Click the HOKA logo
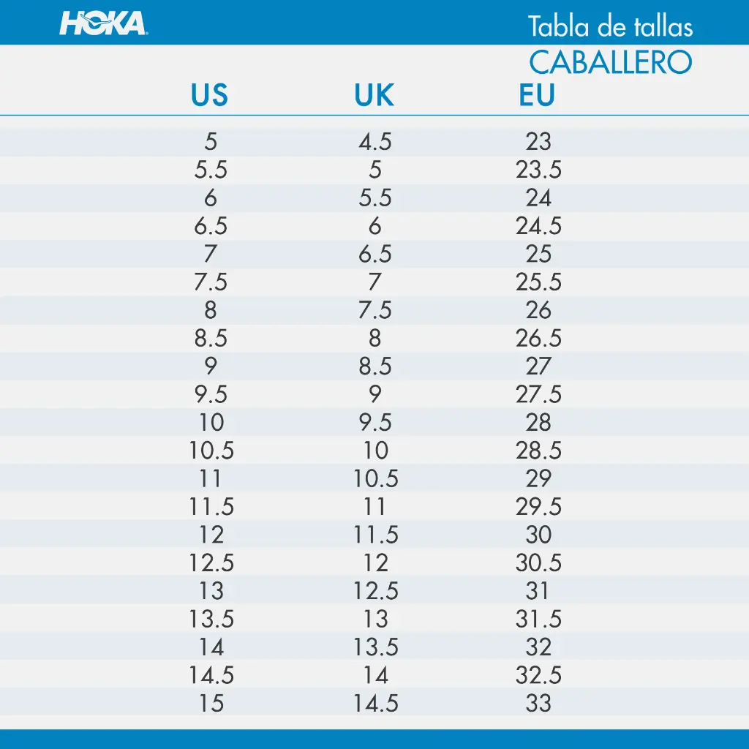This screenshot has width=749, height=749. [x=103, y=23]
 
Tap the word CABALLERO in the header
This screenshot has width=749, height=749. [x=611, y=63]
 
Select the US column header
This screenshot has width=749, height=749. [x=209, y=94]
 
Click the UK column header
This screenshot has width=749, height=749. [x=374, y=94]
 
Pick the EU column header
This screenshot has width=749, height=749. [x=537, y=94]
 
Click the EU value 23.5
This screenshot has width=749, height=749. [x=538, y=170]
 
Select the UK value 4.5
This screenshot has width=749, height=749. [x=375, y=141]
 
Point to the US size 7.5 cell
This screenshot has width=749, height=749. [x=211, y=282]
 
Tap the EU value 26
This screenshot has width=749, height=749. [x=538, y=310]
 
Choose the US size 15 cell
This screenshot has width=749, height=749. [x=211, y=703]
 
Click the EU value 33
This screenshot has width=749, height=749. [x=538, y=703]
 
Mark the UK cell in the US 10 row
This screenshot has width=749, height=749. [x=375, y=422]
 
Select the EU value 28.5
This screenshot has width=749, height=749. [x=538, y=451]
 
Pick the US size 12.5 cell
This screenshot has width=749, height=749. [x=211, y=562]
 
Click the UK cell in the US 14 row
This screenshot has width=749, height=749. [x=375, y=647]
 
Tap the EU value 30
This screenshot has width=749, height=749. [x=538, y=535]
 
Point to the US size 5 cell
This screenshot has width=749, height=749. [x=211, y=141]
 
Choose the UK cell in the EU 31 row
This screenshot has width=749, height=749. [x=375, y=591]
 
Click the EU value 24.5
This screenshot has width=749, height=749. [x=538, y=225]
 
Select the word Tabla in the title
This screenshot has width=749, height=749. [x=559, y=27]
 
